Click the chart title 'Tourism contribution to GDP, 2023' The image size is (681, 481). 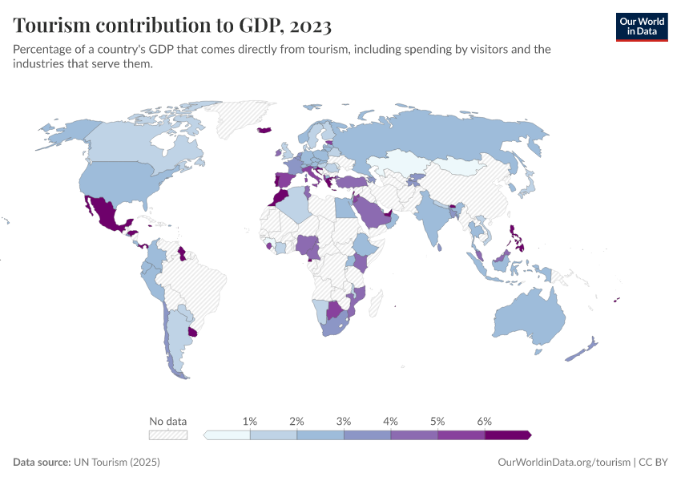[172, 26]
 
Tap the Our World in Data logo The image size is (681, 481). [641, 26]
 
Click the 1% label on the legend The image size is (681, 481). [250, 421]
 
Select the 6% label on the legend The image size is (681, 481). [484, 421]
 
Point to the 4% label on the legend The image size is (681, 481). [391, 421]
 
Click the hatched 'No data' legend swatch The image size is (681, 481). [167, 435]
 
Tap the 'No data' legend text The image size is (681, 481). [167, 421]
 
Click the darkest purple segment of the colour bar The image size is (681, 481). [507, 435]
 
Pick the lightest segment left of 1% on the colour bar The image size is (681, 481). [228, 435]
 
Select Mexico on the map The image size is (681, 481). [103, 212]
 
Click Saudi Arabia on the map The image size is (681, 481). [370, 212]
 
